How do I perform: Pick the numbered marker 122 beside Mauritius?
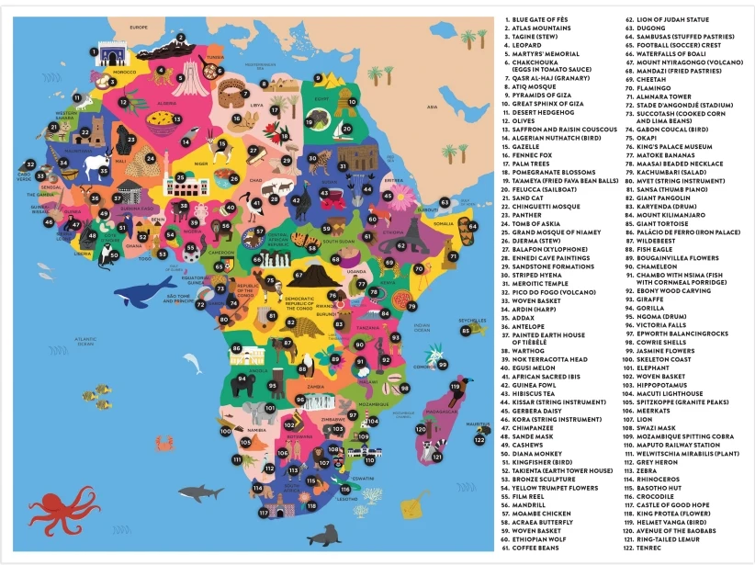click(479, 440)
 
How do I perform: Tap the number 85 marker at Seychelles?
click(466, 330)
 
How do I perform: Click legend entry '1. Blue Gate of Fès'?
click(543, 19)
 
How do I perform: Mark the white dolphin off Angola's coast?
click(193, 363)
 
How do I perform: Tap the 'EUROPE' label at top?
click(139, 28)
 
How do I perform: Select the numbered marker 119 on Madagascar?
click(454, 387)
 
